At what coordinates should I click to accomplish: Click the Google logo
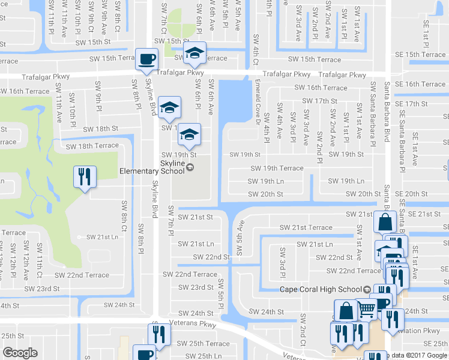pos(20,353)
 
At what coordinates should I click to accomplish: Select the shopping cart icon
pos(366,310)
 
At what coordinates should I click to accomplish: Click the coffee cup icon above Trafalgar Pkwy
pos(146,59)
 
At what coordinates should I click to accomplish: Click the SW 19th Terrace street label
pos(277,169)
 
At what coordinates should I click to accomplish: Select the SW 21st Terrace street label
pos(306,227)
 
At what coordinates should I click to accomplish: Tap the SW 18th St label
pos(100,128)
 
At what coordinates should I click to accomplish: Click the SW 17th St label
pos(318,101)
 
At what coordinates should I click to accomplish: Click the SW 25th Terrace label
pos(202,344)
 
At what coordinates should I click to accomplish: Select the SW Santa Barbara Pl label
pos(373,114)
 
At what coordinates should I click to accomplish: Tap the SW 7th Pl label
pos(170,220)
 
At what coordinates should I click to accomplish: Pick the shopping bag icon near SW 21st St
pos(384,223)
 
